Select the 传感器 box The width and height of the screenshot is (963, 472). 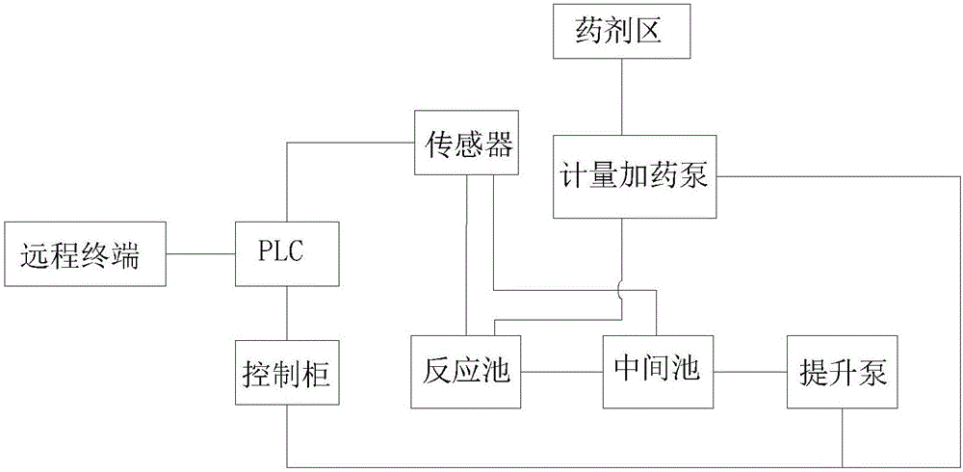(x=466, y=145)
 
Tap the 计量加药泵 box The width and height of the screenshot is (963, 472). (x=635, y=176)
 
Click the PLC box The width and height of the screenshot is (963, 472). (x=285, y=254)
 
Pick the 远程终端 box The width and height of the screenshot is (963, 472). (x=86, y=254)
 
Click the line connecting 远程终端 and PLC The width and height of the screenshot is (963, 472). (x=201, y=254)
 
